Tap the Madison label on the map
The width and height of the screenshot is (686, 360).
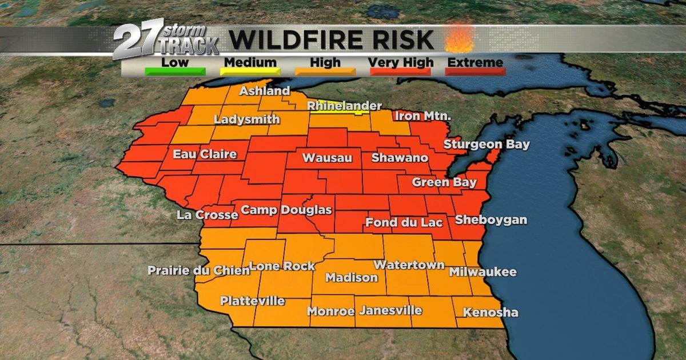click(x=352, y=278)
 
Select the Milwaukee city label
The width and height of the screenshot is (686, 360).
click(x=482, y=272)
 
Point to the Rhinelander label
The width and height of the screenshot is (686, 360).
click(x=344, y=106)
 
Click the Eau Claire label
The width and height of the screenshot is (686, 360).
click(x=205, y=154)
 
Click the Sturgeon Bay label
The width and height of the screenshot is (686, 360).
click(x=486, y=145)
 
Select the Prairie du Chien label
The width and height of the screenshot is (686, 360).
click(x=198, y=270)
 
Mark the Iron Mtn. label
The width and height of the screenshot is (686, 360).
click(x=423, y=116)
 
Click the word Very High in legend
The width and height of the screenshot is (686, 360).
click(x=400, y=62)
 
